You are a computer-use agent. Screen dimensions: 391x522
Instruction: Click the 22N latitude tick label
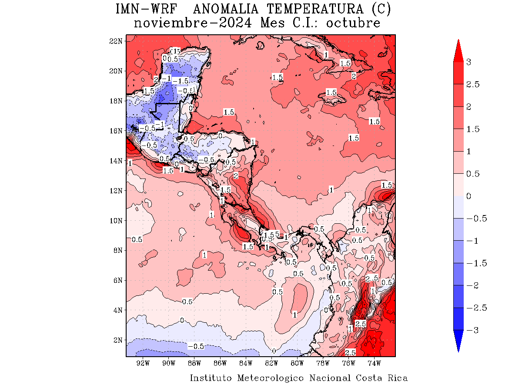[116, 41]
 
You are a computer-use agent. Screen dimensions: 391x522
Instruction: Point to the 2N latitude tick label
[117, 340]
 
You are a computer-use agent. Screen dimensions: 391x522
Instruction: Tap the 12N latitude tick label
[116, 191]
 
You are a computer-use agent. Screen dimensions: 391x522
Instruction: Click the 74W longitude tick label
[374, 363]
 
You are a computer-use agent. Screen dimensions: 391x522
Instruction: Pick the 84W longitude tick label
[246, 363]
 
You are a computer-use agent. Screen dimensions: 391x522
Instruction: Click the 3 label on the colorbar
[468, 62]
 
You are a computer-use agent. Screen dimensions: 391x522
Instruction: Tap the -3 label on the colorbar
[472, 330]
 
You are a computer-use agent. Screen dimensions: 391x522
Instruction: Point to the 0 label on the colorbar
[468, 196]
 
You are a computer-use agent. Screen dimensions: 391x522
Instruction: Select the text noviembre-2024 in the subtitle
[192, 23]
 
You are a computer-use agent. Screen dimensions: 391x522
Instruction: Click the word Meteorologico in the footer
[271, 378]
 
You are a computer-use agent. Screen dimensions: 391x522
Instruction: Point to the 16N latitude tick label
[116, 131]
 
